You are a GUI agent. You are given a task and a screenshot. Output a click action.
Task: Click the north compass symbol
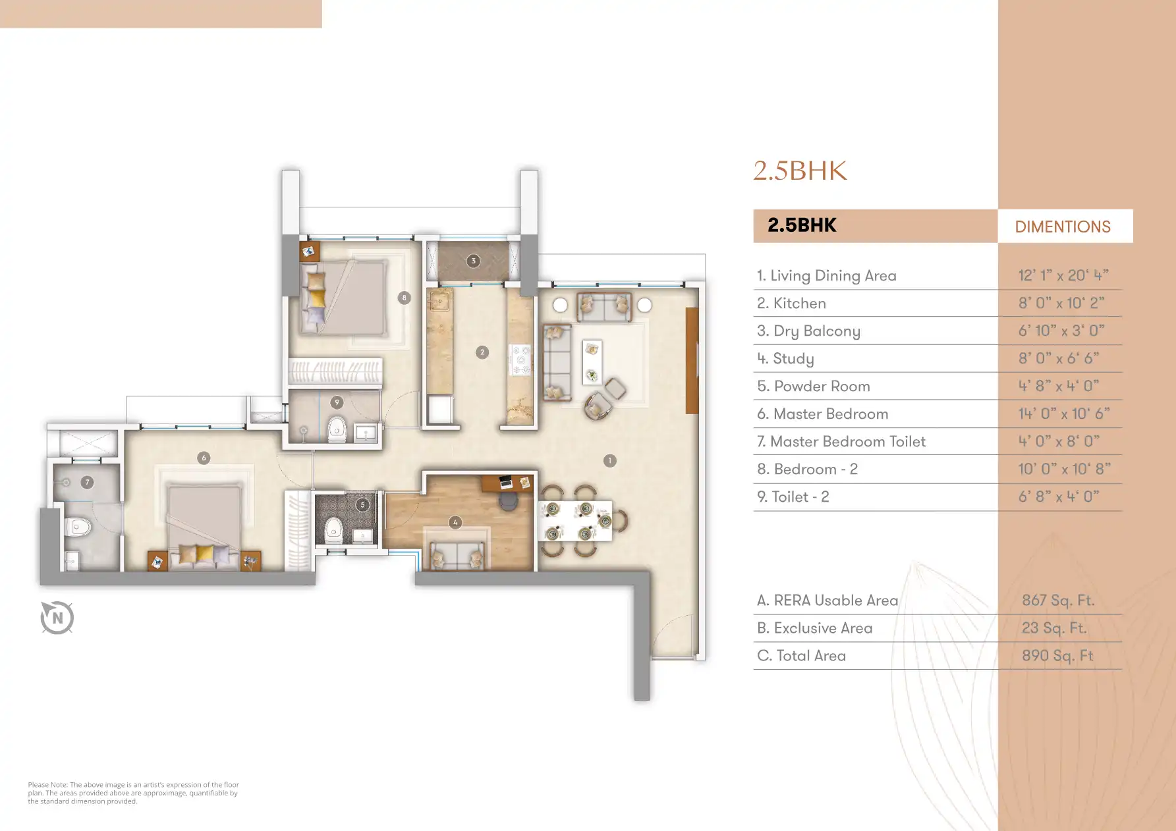pos(57,618)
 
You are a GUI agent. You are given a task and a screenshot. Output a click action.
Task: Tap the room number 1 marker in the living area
pos(610,461)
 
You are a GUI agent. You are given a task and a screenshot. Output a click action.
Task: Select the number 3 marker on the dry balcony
pos(473,261)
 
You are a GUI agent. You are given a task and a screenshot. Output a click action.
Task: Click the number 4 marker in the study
pos(455,522)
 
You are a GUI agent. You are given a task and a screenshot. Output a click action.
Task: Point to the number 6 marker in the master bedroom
pos(204,458)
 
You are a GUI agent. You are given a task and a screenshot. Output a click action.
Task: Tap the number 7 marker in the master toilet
pos(87,482)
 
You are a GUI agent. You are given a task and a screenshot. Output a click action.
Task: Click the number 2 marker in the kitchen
pos(482,352)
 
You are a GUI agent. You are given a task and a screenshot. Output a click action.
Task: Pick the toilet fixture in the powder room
pos(334,528)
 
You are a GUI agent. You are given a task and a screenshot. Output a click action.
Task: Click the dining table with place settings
pos(575,521)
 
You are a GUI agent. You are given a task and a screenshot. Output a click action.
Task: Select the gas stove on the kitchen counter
pos(520,360)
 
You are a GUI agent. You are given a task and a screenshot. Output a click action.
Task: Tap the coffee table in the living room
pos(592,362)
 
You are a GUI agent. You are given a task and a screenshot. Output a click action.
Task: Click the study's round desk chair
pos(509,501)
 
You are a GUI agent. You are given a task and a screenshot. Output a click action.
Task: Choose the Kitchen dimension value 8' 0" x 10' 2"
pos(1061,303)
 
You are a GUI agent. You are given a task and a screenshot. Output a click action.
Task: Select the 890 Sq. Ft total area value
pos(1057,656)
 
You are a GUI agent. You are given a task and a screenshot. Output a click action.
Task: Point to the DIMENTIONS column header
pos(1063,227)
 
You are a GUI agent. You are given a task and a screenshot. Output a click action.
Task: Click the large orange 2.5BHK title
pos(800,171)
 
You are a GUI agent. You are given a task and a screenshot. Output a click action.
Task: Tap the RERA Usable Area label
pos(827,601)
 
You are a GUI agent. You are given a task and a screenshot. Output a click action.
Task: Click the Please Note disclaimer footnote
pos(133,793)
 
